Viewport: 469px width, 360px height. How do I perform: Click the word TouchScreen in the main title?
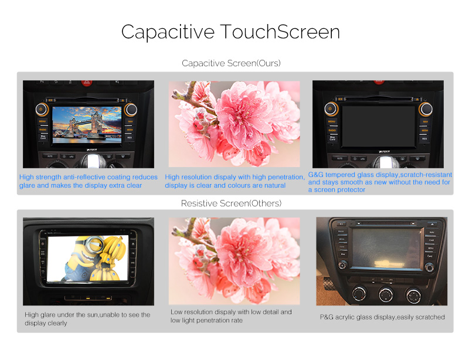point(280,32)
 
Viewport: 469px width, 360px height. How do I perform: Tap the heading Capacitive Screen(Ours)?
point(231,63)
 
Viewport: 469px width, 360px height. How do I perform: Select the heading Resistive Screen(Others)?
point(231,203)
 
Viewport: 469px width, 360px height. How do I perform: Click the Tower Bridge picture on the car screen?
point(87,124)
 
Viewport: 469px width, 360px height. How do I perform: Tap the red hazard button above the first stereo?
point(86,83)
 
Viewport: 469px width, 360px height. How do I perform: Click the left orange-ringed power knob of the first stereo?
point(41,110)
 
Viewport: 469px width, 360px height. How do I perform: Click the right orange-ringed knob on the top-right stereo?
point(426,109)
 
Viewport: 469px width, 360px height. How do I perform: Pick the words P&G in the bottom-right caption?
point(327,317)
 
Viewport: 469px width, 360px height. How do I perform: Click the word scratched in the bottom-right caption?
point(430,317)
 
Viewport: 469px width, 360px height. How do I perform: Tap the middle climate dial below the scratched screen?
point(386,295)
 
